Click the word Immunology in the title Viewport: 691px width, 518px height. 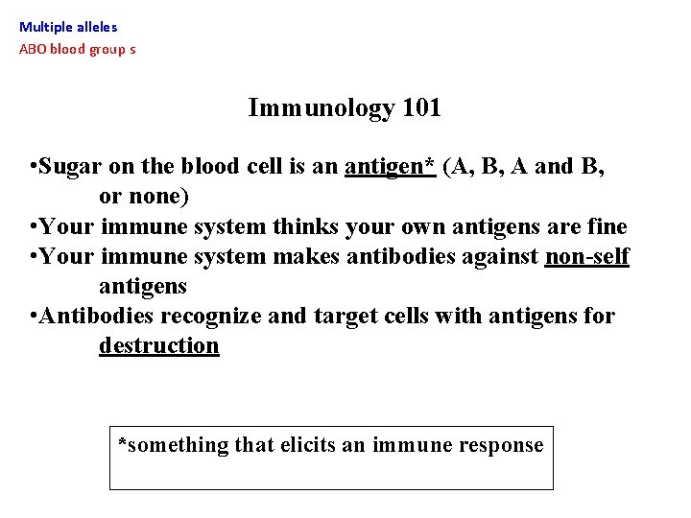[x=321, y=108]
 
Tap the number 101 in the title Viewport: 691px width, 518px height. [x=421, y=107]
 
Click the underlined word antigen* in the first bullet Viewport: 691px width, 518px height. [x=391, y=167]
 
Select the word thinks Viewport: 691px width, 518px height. [x=307, y=227]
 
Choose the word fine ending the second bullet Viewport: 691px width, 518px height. [x=606, y=227]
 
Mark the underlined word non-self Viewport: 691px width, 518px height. [x=586, y=257]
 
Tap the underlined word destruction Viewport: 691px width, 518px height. [x=158, y=345]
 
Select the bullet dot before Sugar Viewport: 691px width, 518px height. [x=34, y=167]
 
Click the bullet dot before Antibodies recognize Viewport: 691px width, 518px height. [x=34, y=316]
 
